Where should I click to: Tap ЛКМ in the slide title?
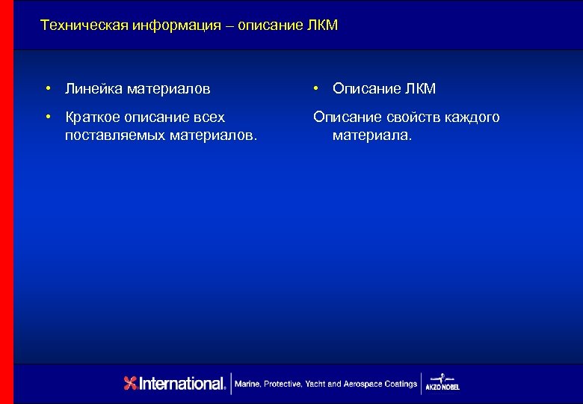click(x=321, y=25)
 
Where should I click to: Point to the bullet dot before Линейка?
click(x=47, y=89)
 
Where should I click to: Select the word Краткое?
click(x=94, y=117)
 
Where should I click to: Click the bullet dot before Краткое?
click(x=47, y=117)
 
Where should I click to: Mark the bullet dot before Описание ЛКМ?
click(x=317, y=89)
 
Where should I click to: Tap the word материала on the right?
click(x=371, y=136)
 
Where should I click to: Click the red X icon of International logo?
click(x=131, y=384)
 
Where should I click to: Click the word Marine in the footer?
click(x=247, y=384)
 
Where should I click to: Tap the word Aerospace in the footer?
click(x=362, y=384)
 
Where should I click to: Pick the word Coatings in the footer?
click(x=401, y=384)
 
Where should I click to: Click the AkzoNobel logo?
click(x=442, y=382)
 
